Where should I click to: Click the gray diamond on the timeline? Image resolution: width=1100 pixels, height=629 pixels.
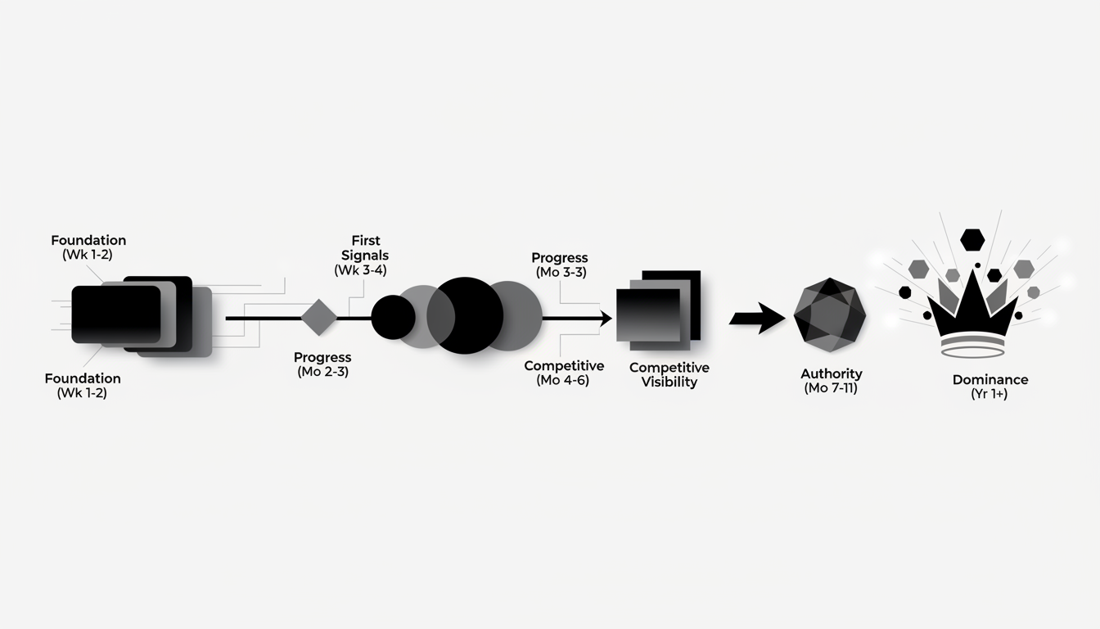coord(319,318)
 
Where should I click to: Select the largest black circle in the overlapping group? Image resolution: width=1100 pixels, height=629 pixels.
coord(465,316)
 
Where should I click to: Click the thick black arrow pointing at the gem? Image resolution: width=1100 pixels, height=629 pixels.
coord(756,318)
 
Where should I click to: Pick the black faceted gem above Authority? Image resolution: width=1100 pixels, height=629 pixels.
coord(830,314)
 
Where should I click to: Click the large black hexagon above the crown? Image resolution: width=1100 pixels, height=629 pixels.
coord(972,240)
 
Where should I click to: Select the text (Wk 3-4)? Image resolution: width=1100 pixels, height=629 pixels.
coord(360,270)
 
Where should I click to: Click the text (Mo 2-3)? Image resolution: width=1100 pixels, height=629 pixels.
coord(322,373)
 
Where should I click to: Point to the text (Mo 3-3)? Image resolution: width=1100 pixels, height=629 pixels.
coord(560,273)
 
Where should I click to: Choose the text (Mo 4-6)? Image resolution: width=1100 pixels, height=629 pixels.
coord(563,381)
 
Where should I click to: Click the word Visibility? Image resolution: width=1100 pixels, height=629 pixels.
coord(669,382)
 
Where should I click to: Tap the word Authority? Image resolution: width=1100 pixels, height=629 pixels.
coord(831,373)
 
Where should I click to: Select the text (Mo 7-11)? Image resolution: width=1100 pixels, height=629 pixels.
coord(831,388)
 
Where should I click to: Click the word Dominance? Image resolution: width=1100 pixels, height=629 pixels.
coord(990,380)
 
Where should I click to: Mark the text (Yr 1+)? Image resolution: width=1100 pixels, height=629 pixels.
coord(990,395)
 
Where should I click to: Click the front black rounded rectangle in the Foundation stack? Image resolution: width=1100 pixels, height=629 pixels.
coord(115,314)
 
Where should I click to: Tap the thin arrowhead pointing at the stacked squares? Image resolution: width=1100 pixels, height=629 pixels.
coord(605,319)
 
